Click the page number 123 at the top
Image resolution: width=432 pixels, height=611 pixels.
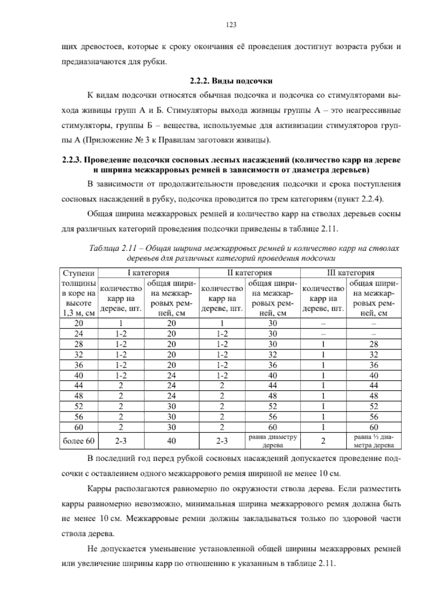(x=231, y=24)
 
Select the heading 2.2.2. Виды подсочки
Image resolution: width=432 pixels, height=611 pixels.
(x=231, y=81)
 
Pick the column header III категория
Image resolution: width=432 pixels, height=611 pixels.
(x=350, y=273)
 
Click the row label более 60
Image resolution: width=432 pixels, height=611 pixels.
(x=78, y=441)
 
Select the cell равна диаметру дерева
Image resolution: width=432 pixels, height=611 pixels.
(x=273, y=441)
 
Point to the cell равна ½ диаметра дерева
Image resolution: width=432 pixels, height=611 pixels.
(x=374, y=441)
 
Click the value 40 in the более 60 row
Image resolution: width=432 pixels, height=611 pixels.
(x=171, y=441)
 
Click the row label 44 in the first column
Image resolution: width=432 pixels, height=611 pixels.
(x=78, y=385)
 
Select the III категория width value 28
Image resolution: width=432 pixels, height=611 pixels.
(x=374, y=344)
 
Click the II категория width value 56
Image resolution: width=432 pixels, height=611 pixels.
(x=273, y=417)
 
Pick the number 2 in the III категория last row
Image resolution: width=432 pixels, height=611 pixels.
(x=323, y=441)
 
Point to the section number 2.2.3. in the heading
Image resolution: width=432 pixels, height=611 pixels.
(x=72, y=160)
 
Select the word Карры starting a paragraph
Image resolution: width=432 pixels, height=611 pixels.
(x=99, y=489)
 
